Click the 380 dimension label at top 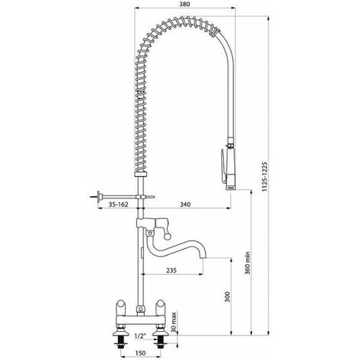point(185,4)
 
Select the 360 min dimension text point(247,263)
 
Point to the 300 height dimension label point(227,297)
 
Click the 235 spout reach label point(172,270)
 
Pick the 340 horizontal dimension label point(185,205)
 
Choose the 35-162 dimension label point(118,205)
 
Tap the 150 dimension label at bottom point(140,353)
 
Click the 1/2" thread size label point(139,336)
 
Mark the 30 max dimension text point(174,322)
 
